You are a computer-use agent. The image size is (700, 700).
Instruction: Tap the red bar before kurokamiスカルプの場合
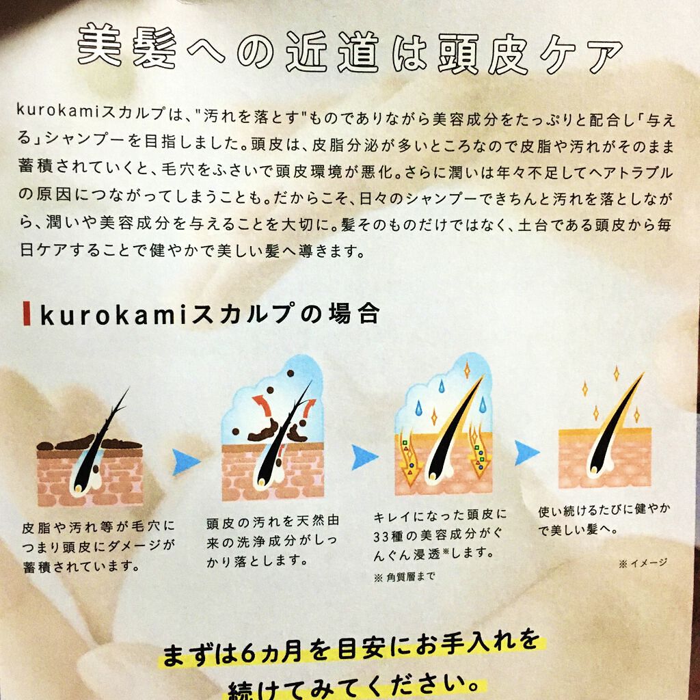(x=27, y=313)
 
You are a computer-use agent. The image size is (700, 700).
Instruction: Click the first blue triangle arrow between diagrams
(x=185, y=461)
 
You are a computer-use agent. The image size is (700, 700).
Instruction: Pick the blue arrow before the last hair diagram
(x=527, y=453)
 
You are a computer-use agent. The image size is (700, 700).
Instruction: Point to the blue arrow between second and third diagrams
(x=364, y=457)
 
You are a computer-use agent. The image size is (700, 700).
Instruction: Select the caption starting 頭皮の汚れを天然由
(x=272, y=541)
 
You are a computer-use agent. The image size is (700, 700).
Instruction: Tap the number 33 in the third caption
(x=381, y=535)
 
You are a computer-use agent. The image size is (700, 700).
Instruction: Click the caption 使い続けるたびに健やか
(x=604, y=520)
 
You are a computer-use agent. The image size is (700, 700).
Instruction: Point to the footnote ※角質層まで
(x=403, y=577)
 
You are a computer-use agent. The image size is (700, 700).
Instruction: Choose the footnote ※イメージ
(x=643, y=563)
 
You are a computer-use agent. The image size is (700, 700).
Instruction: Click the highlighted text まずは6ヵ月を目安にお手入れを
(x=351, y=648)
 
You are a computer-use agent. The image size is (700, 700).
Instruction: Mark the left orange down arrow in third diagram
(x=409, y=457)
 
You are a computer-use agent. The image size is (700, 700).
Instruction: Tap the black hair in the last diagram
(x=615, y=424)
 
